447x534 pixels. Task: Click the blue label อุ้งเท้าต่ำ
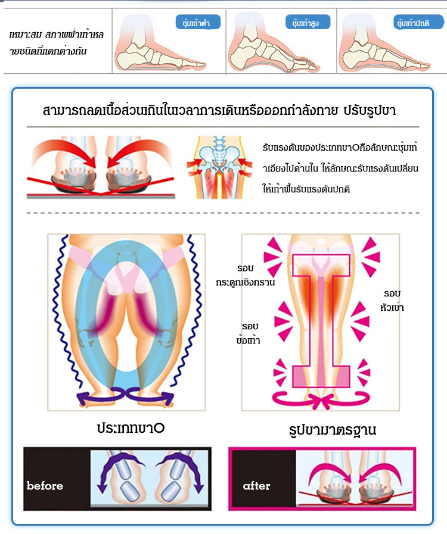pyautogui.click(x=197, y=23)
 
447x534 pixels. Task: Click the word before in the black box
pyautogui.click(x=45, y=486)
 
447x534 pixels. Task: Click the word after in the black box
pyautogui.click(x=256, y=486)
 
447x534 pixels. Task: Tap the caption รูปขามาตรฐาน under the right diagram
pyautogui.click(x=324, y=429)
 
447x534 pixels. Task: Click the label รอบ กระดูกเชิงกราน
pyautogui.click(x=246, y=275)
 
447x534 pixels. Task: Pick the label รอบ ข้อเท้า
pyautogui.click(x=249, y=333)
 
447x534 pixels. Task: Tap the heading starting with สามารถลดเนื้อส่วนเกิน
pyautogui.click(x=220, y=111)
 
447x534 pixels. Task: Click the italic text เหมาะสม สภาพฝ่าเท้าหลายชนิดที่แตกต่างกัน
pyautogui.click(x=57, y=43)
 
